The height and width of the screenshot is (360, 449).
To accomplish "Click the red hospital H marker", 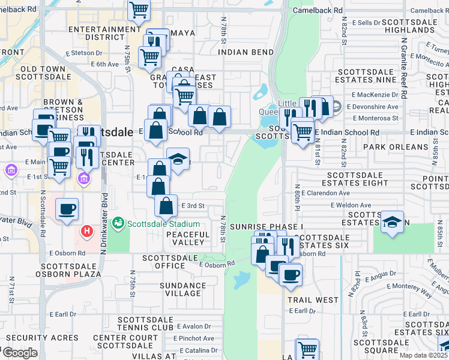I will pos(87,230).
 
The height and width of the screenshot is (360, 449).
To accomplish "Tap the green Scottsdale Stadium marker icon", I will pos(118,224).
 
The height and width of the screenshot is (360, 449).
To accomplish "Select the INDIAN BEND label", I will pos(246,52).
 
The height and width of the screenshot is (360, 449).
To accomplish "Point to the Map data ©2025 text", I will pos(424,355).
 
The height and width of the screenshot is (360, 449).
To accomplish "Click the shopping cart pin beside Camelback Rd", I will pos(139,9).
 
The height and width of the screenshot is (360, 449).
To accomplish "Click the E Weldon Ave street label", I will pos(351,205).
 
